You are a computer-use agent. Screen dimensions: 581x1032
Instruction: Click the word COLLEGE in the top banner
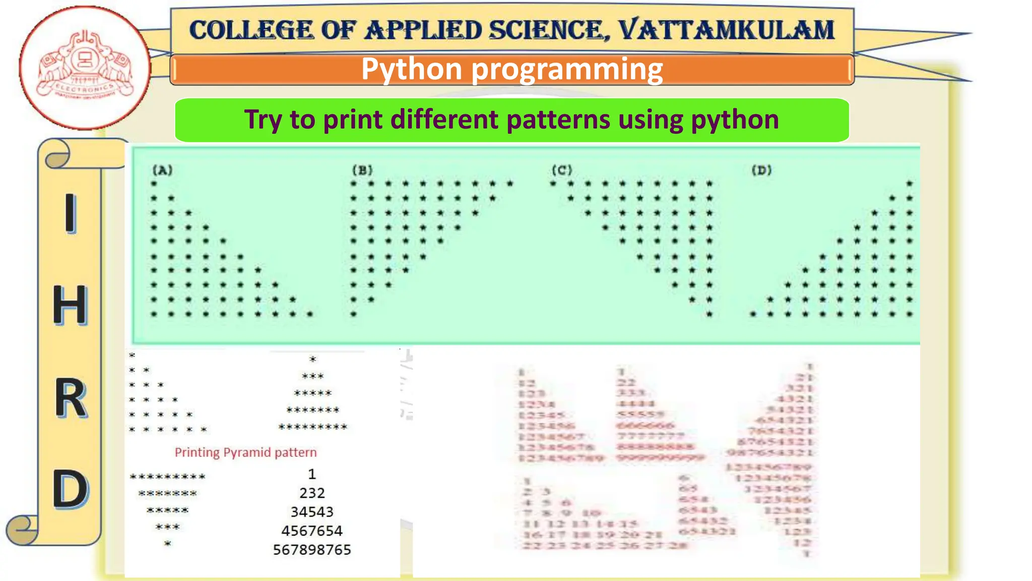click(x=251, y=30)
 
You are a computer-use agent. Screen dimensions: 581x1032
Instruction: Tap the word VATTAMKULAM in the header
click(x=726, y=30)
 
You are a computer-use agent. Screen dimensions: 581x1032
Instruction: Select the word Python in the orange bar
click(x=412, y=69)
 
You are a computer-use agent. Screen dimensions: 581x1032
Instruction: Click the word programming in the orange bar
click(x=567, y=70)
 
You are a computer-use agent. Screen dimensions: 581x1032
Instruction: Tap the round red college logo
click(x=85, y=67)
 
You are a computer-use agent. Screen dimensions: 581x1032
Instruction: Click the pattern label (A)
click(x=162, y=170)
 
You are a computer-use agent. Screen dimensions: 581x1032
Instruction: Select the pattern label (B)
click(x=362, y=170)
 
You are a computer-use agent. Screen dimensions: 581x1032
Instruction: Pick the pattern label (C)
click(x=562, y=170)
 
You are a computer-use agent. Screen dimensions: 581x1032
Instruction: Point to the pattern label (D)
click(x=761, y=170)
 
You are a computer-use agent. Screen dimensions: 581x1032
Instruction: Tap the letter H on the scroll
click(x=70, y=306)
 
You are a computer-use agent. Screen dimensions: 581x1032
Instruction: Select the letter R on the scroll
click(x=70, y=399)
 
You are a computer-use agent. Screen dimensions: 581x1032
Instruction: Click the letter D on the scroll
click(x=70, y=489)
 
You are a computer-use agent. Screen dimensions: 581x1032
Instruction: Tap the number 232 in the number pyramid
click(x=312, y=493)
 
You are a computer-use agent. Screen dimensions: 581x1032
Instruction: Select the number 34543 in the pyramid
click(x=312, y=512)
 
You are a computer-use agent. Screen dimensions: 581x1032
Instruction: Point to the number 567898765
click(x=312, y=550)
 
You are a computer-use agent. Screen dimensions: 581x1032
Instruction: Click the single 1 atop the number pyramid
click(x=312, y=474)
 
